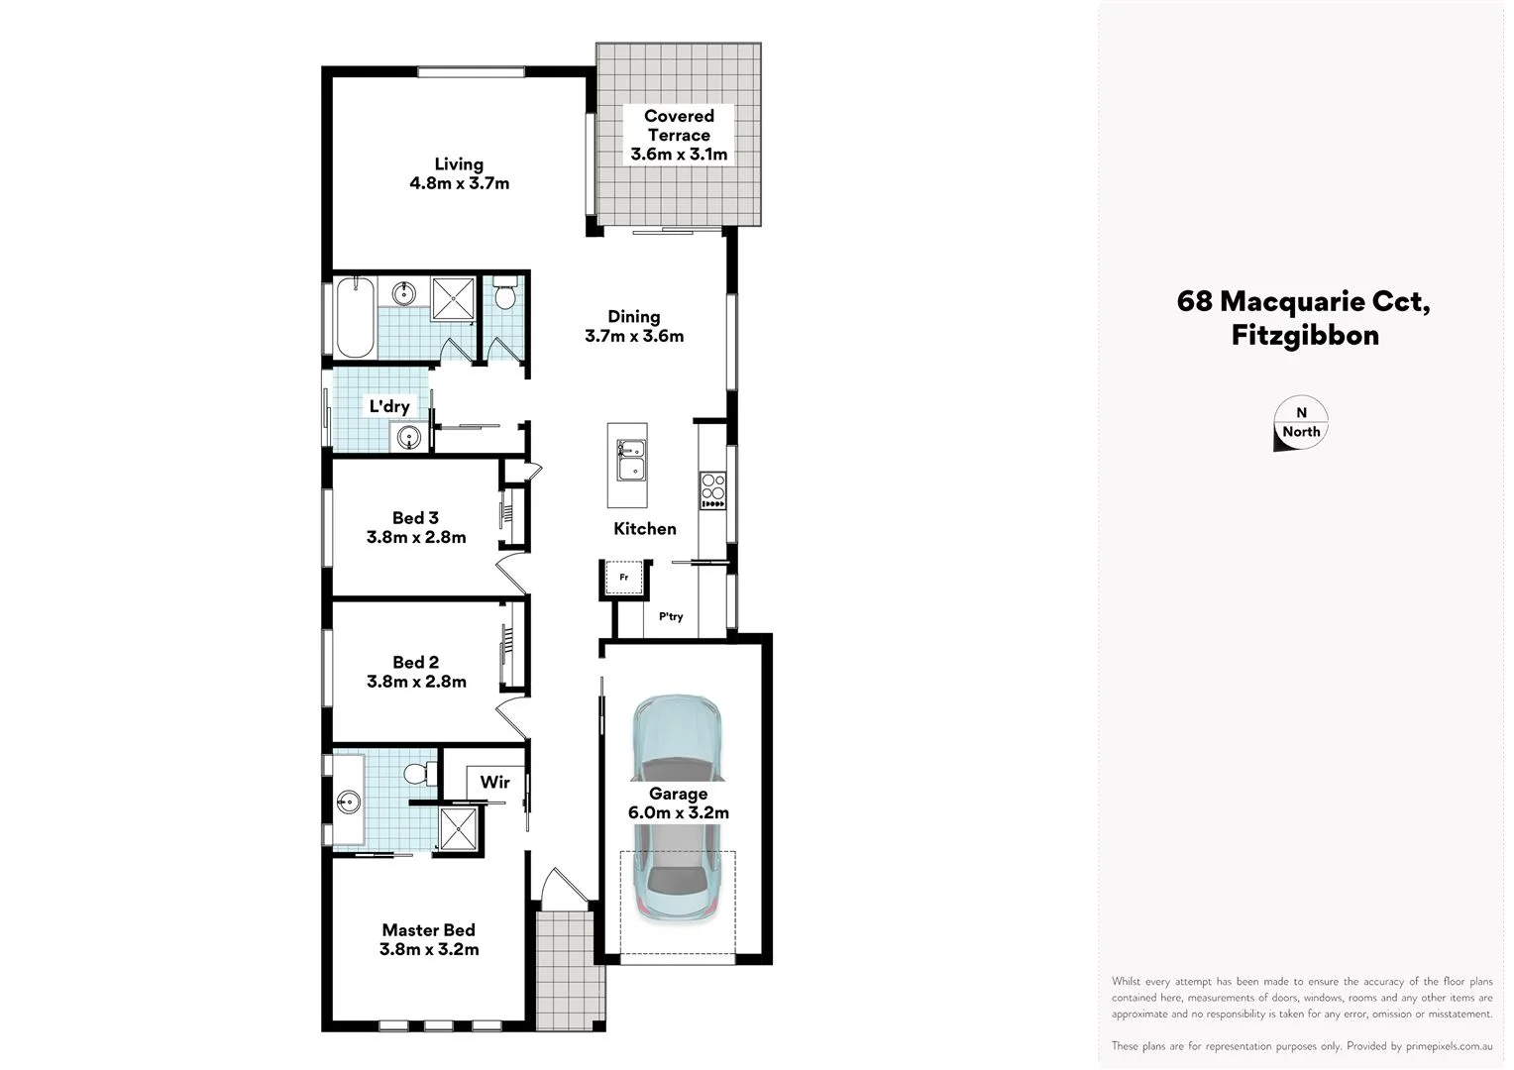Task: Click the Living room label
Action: coord(459,173)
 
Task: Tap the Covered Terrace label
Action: coord(679,135)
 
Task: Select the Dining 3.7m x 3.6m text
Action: coord(634,326)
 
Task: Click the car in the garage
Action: coord(679,807)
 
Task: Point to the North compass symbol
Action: coord(1300,424)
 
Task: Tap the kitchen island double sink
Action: coord(630,460)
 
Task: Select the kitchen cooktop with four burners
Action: coord(713,489)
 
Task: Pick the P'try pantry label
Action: coord(671,616)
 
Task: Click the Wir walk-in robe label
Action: coord(494,782)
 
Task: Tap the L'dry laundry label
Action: coord(389,406)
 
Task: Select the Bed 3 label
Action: coord(415,517)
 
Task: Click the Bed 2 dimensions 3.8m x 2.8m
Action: coord(416,682)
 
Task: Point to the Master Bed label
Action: coord(428,929)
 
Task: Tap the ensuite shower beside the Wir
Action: coord(459,829)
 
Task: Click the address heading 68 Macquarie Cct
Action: coord(1303,301)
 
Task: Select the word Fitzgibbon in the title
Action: coord(1305,335)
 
